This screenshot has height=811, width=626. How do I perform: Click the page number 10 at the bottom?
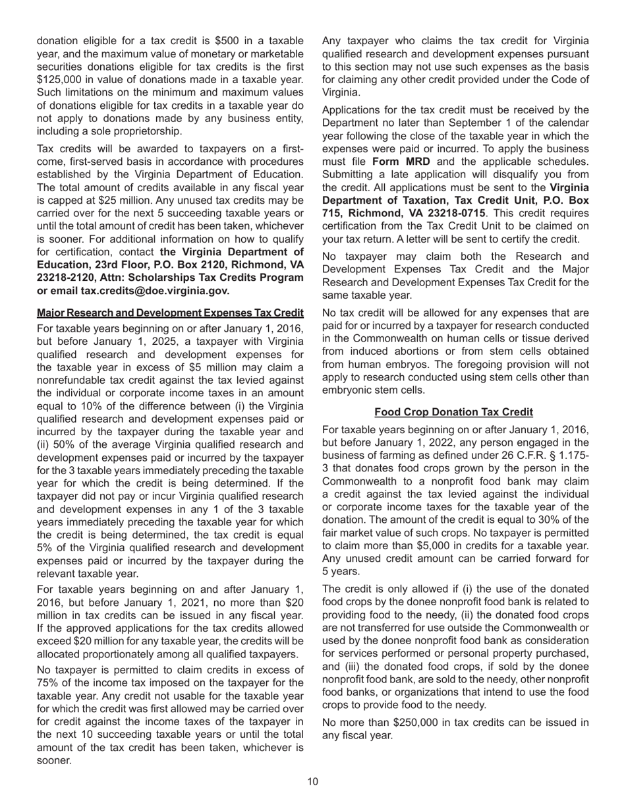click(312, 782)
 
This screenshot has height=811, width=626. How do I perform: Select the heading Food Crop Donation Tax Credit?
click(453, 412)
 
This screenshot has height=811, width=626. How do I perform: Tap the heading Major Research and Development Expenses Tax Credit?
click(170, 313)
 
